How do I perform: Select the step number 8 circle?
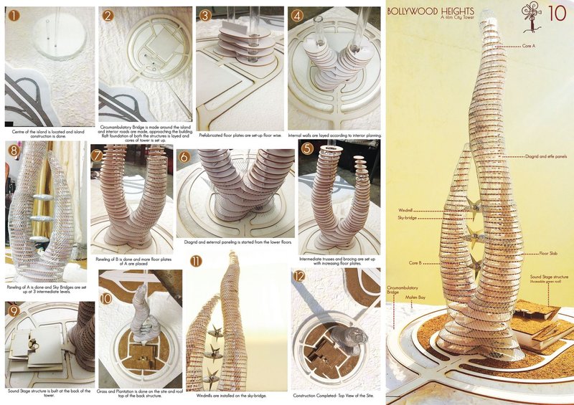coord(13,151)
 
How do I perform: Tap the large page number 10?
coord(555,14)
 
